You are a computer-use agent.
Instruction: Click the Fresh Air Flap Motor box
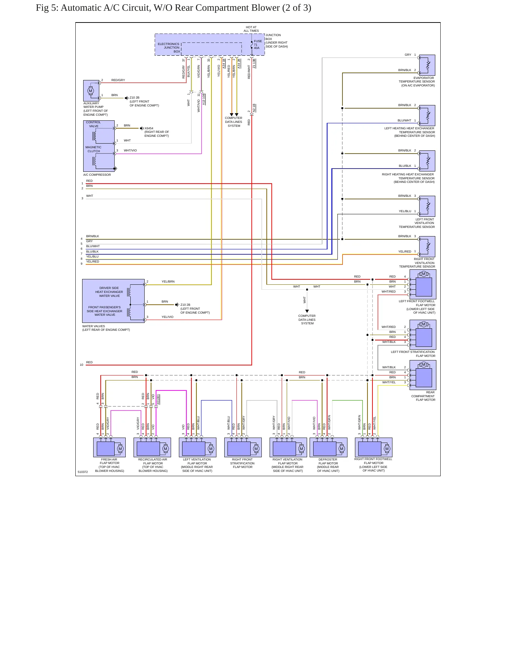coord(109,447)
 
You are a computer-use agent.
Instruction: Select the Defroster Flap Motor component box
coord(328,447)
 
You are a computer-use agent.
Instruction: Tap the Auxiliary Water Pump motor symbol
coord(90,91)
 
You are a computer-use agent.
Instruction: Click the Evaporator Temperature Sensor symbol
coord(427,65)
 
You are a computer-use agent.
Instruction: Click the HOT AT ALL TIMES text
coord(251,29)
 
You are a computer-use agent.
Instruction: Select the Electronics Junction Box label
coord(169,48)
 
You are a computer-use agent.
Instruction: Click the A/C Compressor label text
coord(97,175)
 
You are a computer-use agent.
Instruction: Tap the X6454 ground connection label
coord(149,128)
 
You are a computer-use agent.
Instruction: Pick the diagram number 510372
coord(82,472)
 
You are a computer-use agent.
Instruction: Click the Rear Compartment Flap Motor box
coord(423,375)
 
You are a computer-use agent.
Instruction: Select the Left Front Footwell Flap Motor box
coord(423,284)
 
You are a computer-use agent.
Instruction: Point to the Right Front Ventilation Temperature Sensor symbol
coord(427,246)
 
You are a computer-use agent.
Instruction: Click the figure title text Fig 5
coord(174,8)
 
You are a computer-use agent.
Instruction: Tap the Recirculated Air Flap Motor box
coord(152,447)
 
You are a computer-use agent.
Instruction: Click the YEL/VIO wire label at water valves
coord(167,317)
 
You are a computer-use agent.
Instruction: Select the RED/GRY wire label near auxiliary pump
coord(118,80)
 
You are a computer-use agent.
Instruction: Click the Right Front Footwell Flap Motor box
coord(374,447)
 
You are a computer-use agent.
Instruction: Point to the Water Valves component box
coord(114,301)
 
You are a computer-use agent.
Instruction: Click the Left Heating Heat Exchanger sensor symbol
coord(427,115)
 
